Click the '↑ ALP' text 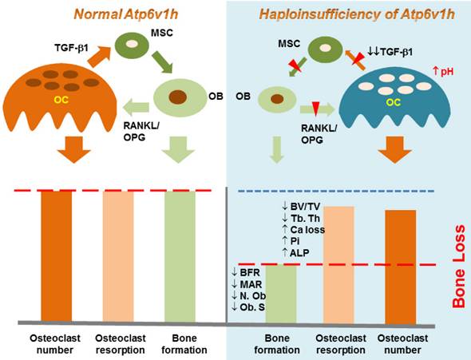(x=295, y=252)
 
